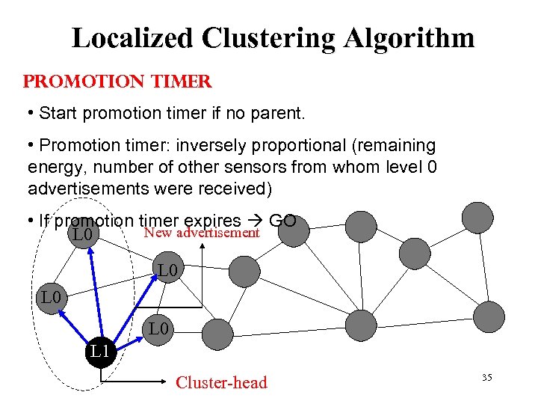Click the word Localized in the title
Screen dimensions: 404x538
click(129, 38)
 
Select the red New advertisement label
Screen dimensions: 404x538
click(202, 233)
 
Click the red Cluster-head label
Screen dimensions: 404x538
click(220, 383)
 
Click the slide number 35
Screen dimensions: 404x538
click(486, 378)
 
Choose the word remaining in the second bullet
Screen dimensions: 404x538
click(397, 144)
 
